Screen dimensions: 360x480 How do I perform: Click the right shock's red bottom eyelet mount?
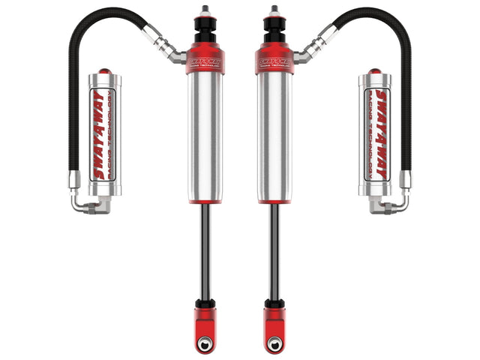274,315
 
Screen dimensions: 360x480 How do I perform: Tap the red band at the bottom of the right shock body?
274,197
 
